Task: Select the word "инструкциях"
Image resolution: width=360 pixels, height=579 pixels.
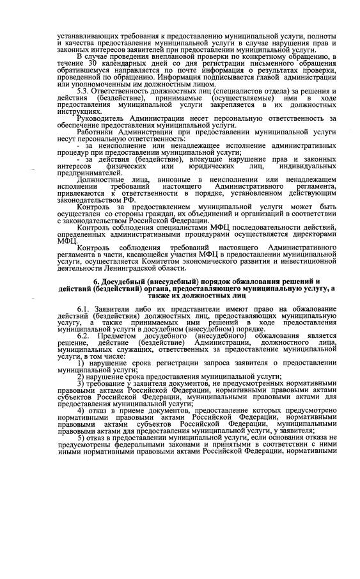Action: [x=80, y=110]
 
